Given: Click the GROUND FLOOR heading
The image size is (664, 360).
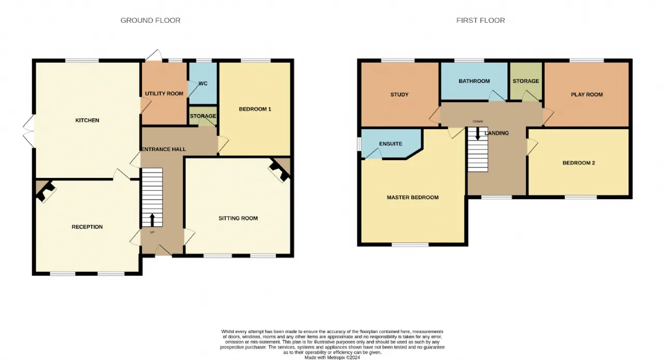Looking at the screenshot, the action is [x=150, y=20].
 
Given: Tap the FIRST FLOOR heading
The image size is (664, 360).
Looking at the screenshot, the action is [x=480, y=20].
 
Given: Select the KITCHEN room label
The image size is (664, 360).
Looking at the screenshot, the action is [x=87, y=120].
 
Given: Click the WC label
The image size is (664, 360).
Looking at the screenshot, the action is [x=203, y=84].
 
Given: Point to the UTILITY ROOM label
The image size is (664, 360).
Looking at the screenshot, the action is [x=164, y=94].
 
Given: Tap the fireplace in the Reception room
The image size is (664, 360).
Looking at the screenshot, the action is [x=46, y=191].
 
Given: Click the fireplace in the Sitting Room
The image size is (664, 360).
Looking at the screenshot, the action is [x=280, y=171].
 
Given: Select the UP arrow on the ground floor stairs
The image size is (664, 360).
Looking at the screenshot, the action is [x=153, y=220].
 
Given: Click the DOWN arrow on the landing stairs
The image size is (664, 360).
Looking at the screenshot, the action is [x=478, y=133].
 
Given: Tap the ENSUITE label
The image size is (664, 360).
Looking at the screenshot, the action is [x=391, y=144].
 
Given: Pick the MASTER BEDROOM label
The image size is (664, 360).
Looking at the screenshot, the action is [x=412, y=198].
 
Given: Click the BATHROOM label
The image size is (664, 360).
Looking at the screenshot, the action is [x=474, y=81].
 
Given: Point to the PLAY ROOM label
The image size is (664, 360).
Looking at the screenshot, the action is [x=587, y=94].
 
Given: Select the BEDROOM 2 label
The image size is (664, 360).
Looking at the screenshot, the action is [x=579, y=163].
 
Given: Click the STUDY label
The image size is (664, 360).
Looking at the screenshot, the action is [x=399, y=94].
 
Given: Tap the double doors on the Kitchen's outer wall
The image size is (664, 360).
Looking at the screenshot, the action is [x=29, y=131].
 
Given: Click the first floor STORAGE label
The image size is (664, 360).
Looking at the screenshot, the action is [x=526, y=81].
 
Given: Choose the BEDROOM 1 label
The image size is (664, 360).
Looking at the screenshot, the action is [x=255, y=109].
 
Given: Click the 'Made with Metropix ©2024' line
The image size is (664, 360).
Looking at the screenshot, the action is [x=333, y=357].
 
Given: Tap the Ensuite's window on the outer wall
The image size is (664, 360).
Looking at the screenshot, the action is [x=359, y=144].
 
